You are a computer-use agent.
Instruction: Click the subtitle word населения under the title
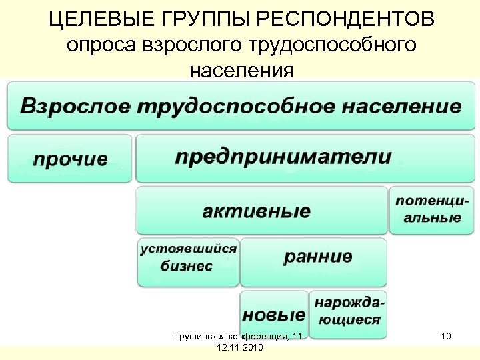[241, 69]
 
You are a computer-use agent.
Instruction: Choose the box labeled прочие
[70, 159]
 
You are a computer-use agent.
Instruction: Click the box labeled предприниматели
[283, 157]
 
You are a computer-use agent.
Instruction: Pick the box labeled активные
[257, 211]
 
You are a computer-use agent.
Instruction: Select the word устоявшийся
[188, 249]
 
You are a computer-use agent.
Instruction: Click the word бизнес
[187, 266]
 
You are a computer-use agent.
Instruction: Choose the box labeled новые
[274, 313]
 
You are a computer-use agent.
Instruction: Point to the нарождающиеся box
[349, 311]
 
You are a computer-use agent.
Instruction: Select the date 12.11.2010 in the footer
[240, 348]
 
